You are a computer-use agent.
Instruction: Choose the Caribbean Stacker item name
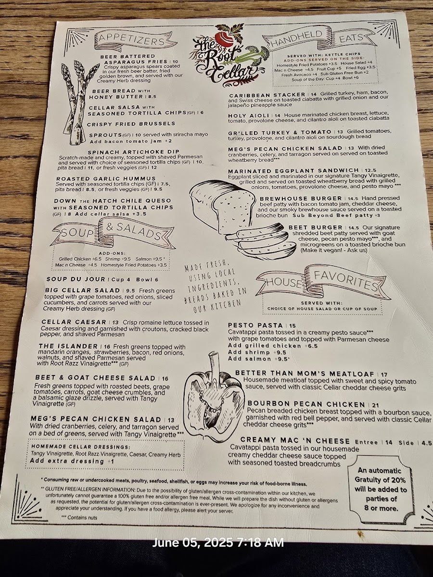267,95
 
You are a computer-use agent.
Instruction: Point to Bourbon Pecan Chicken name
306,404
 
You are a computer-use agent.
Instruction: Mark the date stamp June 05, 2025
218,543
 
